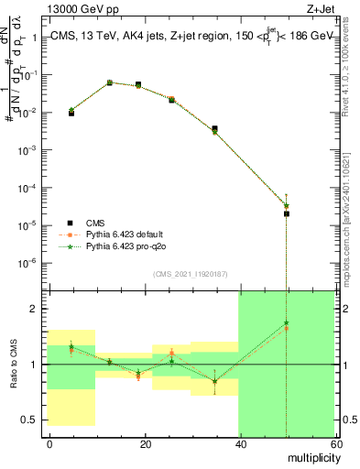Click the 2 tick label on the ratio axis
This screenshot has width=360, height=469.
click(38, 309)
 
